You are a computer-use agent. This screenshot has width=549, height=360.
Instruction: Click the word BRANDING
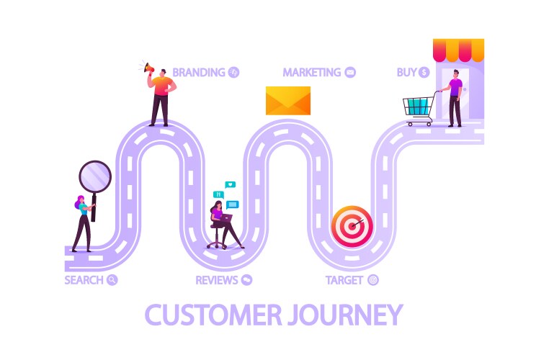(199, 72)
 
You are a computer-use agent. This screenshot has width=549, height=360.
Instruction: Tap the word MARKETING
(311, 72)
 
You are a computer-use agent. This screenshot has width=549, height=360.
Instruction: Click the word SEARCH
(84, 280)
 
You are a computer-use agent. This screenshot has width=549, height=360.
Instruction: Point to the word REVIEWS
(217, 280)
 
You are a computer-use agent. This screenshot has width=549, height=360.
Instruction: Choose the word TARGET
(344, 280)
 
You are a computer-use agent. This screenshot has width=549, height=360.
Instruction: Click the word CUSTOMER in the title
(208, 315)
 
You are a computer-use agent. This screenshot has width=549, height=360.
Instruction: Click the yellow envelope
(287, 101)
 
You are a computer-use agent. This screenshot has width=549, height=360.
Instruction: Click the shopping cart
(418, 108)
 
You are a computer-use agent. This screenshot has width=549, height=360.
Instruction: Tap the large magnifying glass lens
(95, 176)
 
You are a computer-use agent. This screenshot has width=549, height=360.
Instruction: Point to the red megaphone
(148, 68)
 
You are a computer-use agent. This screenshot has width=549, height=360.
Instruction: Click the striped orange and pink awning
(458, 50)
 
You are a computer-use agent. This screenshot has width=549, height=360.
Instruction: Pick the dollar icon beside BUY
(424, 72)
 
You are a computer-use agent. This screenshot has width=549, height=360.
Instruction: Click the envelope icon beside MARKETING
(350, 72)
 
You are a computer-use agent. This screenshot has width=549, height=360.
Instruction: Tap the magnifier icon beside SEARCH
(112, 280)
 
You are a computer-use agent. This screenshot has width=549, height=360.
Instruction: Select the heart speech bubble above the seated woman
(230, 185)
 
